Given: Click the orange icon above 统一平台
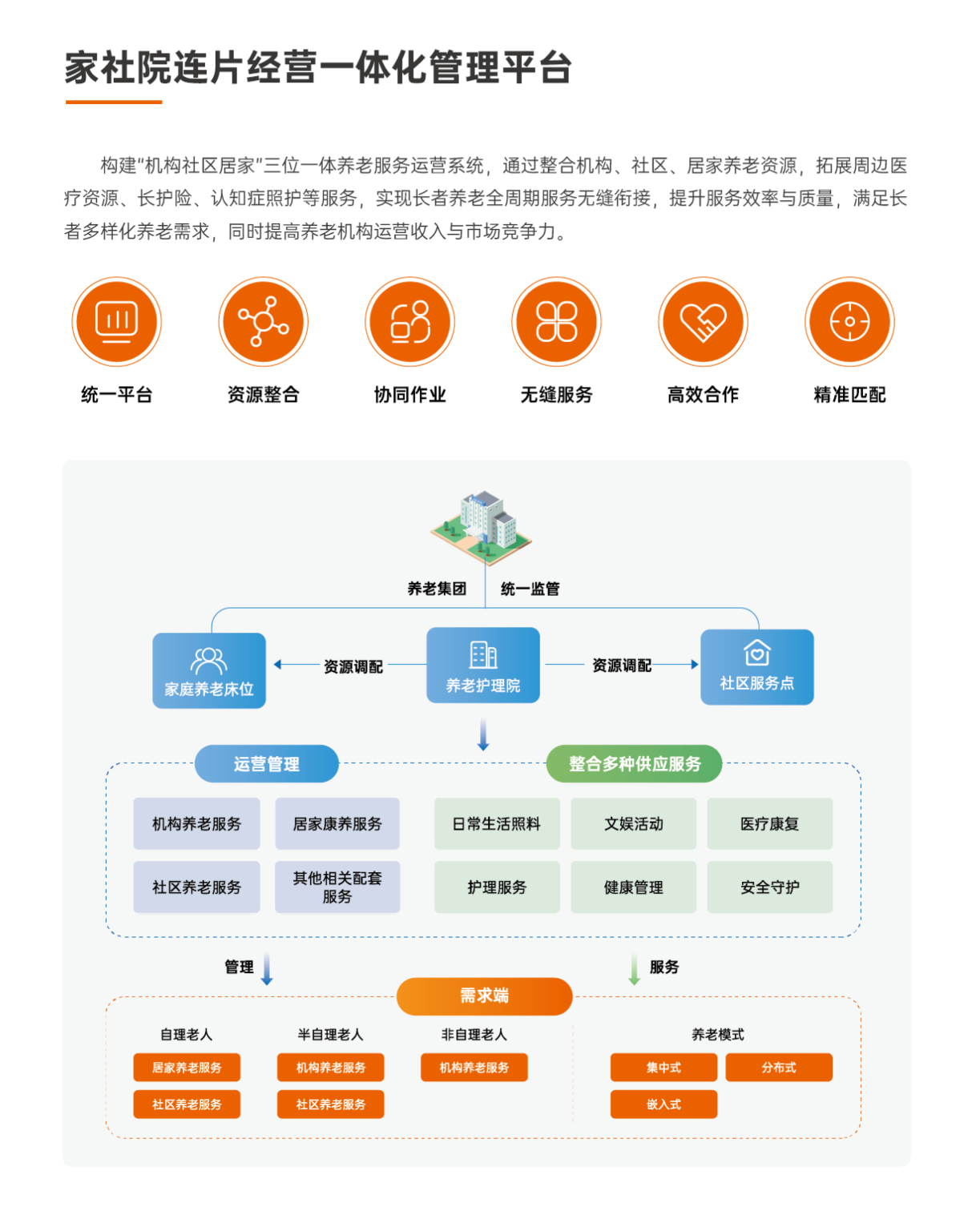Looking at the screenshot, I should (117, 322).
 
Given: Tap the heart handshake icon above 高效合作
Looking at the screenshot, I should (703, 322).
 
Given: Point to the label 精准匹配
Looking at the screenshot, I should (849, 395).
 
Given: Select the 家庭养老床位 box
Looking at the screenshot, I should (209, 670).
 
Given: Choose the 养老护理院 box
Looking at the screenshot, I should (483, 666).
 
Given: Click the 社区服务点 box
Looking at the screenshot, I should (756, 667).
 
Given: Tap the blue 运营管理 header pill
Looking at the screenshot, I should (267, 764).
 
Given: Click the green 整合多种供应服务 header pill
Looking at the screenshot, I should (634, 764).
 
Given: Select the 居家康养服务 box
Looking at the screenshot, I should (337, 823).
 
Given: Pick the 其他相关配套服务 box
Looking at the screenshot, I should (337, 887).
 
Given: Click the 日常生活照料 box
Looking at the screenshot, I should (497, 823).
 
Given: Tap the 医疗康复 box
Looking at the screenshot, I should (769, 823).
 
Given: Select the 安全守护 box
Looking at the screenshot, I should (769, 887).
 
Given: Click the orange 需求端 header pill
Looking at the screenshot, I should (484, 996).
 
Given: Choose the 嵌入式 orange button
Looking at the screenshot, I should (663, 1104).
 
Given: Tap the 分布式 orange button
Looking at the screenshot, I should (779, 1068).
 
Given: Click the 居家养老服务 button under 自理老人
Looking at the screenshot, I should (187, 1068).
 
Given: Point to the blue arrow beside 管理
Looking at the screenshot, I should (267, 968).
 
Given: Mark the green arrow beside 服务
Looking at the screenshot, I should (634, 968).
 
